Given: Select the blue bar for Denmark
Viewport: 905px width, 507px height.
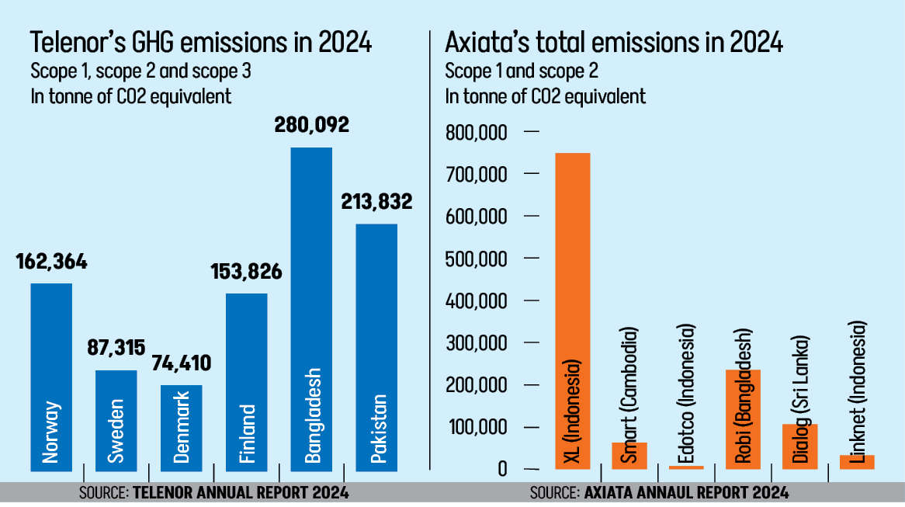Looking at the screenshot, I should [x=181, y=428].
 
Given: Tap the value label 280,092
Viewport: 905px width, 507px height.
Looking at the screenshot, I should [x=311, y=124].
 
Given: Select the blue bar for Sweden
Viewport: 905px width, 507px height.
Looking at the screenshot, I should [x=116, y=420].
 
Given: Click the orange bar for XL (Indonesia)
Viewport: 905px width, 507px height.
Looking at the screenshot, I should [x=573, y=311].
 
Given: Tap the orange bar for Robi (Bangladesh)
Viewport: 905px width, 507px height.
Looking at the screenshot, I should [x=743, y=419].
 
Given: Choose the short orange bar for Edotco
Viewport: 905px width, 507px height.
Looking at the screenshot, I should [x=686, y=467].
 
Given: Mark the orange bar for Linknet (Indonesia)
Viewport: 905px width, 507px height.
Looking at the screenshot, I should [x=857, y=462].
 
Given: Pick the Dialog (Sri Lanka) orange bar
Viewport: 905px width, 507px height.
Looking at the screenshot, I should [x=799, y=446].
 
